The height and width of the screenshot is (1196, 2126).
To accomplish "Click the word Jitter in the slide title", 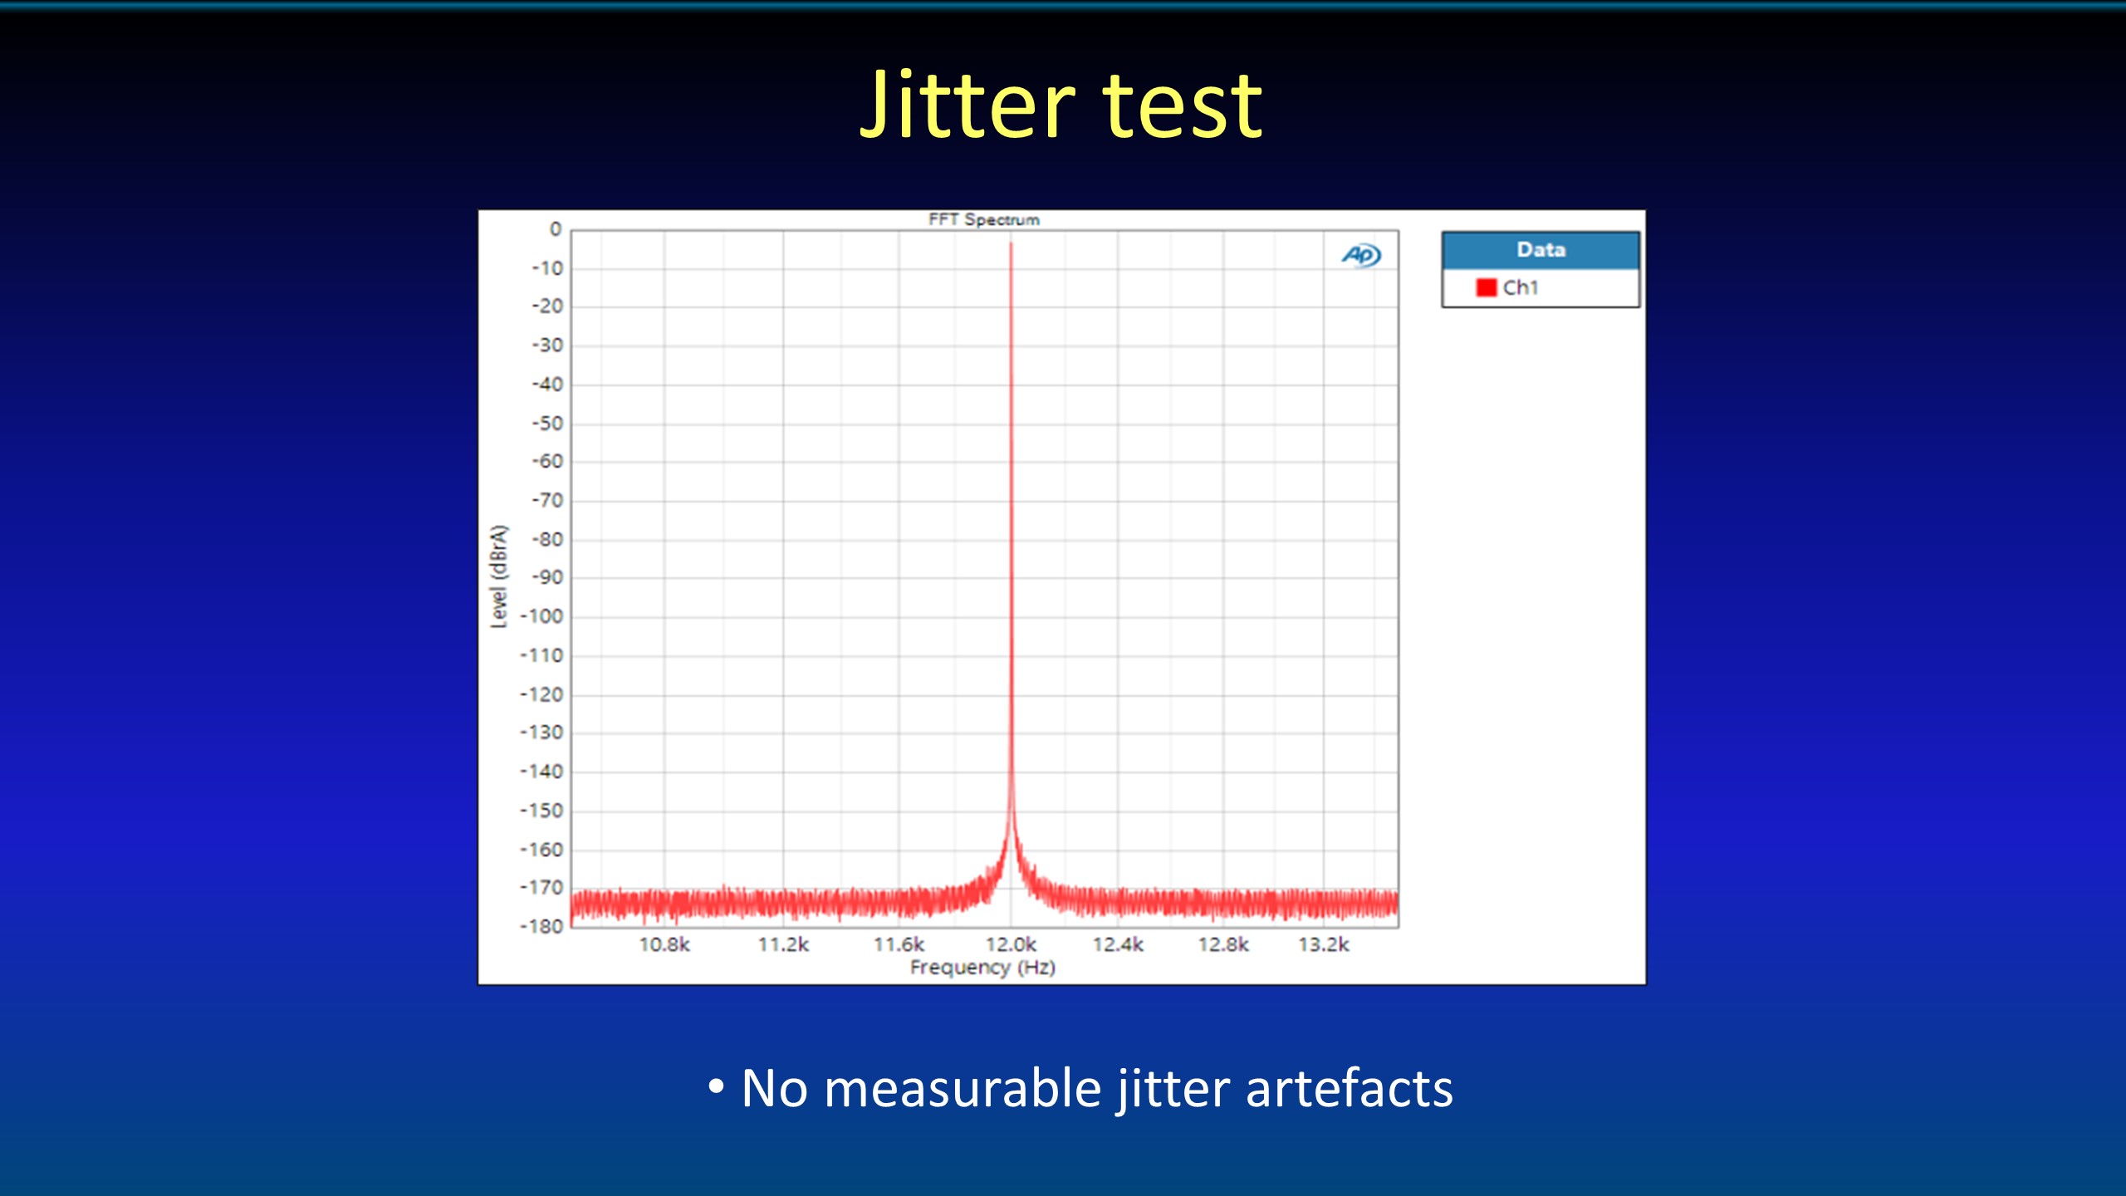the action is pyautogui.click(x=967, y=105).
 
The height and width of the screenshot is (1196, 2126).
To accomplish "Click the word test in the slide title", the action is pyautogui.click(x=1183, y=106).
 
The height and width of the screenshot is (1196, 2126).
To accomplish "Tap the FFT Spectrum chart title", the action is pyautogui.click(x=983, y=219).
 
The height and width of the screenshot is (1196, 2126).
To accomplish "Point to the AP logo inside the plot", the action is pyautogui.click(x=1361, y=255).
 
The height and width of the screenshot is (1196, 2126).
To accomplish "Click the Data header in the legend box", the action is pyautogui.click(x=1541, y=250).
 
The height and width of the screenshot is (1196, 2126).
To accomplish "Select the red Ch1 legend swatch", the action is pyautogui.click(x=1486, y=287).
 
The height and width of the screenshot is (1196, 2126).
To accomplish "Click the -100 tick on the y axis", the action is pyautogui.click(x=541, y=616).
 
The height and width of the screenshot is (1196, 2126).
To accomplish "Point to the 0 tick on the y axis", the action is pyautogui.click(x=556, y=229).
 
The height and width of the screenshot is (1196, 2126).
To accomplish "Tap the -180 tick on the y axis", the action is pyautogui.click(x=541, y=926).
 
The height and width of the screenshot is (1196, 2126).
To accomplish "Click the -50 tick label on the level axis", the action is pyautogui.click(x=547, y=424).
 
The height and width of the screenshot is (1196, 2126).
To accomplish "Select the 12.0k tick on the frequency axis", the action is pyautogui.click(x=1011, y=945).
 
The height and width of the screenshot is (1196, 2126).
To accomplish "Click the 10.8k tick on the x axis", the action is pyautogui.click(x=664, y=945).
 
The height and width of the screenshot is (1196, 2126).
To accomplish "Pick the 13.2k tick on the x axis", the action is pyautogui.click(x=1324, y=945).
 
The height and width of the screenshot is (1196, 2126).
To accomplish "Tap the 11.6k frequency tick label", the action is pyautogui.click(x=899, y=945).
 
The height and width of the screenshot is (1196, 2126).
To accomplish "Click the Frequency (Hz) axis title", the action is pyautogui.click(x=982, y=968).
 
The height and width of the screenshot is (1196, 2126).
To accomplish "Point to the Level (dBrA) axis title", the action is pyautogui.click(x=498, y=576).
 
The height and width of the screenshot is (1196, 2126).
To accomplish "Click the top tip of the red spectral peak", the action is pyautogui.click(x=1011, y=243).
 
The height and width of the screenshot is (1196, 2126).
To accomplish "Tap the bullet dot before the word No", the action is pyautogui.click(x=716, y=1086).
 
